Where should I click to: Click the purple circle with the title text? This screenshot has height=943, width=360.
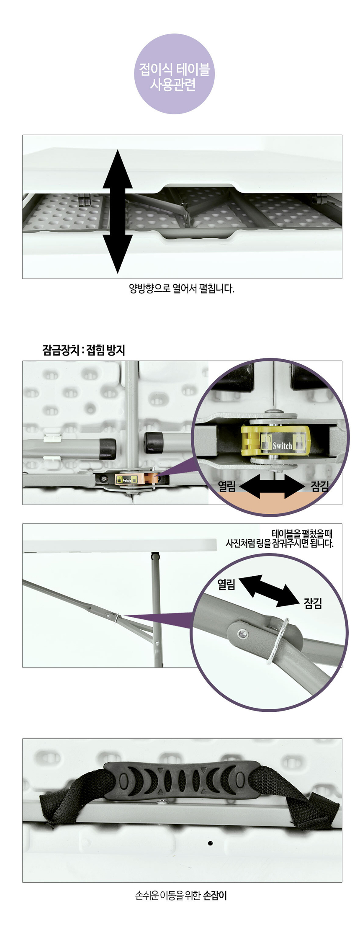coord(174,74)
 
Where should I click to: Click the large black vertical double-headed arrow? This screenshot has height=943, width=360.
coord(118,211)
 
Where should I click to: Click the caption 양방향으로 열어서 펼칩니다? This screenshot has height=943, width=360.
coord(182,289)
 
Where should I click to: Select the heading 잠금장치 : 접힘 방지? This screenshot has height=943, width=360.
coord(84,350)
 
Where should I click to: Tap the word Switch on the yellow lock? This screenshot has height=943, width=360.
coord(283,446)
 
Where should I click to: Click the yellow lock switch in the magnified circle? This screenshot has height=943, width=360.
coord(275,441)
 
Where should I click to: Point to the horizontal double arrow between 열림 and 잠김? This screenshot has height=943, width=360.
coord(273,487)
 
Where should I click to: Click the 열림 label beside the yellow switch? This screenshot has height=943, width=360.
coord(227,486)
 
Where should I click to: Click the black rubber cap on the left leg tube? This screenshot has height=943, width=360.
coord(108,448)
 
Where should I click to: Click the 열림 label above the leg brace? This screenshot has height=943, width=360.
coord(226,585)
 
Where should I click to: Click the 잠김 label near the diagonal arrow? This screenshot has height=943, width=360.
coord(313,603)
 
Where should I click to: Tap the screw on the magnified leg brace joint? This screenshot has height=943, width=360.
coord(242,635)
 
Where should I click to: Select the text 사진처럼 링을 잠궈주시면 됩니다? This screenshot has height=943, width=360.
coord(280,544)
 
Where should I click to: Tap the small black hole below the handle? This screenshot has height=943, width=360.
coord(210,843)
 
